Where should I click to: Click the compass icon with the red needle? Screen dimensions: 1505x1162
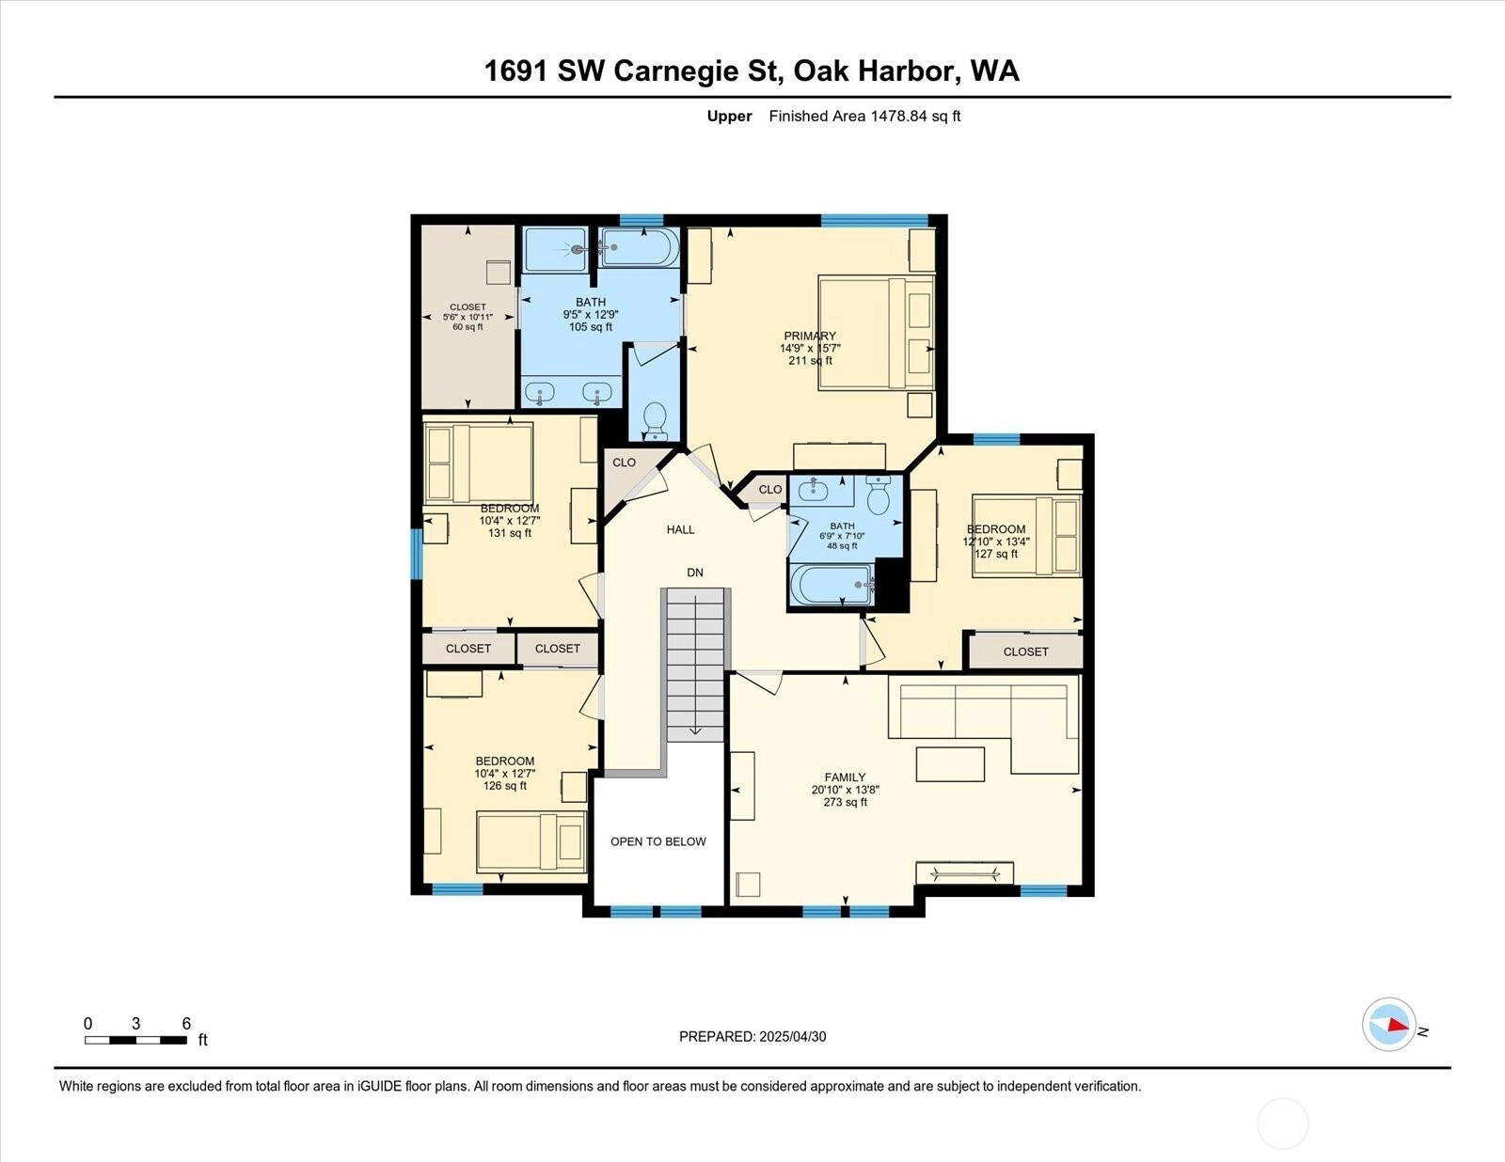click(x=1388, y=1025)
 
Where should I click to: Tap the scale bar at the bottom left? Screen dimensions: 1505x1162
click(x=135, y=1040)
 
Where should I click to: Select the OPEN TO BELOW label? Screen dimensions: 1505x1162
click(x=657, y=841)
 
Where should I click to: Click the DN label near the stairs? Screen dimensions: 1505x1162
click(x=695, y=573)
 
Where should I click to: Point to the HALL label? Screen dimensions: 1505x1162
click(x=680, y=529)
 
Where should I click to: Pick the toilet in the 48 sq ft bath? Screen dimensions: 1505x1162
click(x=879, y=495)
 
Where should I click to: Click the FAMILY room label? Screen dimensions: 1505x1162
click(x=845, y=777)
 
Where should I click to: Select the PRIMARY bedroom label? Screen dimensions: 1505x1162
click(x=810, y=336)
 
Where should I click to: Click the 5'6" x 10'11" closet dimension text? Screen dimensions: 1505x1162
click(x=467, y=317)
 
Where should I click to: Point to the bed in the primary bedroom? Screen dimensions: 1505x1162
click(x=876, y=333)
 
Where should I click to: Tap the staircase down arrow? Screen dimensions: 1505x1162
click(x=695, y=730)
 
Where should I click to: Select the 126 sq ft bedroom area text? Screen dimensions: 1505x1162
click(x=505, y=786)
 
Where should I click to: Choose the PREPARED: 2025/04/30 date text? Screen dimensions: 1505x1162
click(x=752, y=1036)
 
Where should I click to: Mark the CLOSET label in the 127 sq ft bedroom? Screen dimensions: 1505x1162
click(x=1025, y=652)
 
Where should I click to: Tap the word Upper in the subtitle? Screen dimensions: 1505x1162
click(x=729, y=117)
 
